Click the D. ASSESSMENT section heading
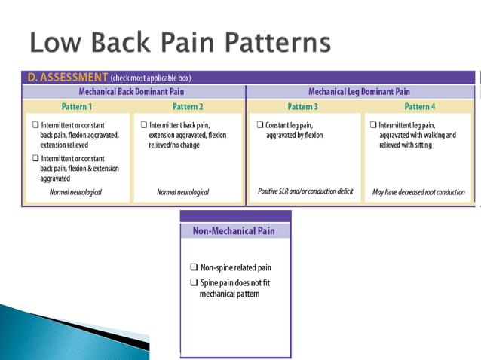pos(67,77)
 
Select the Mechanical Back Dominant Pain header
pos(134,91)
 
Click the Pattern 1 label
pos(77,106)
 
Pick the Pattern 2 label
pos(188,106)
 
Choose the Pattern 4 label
pos(419,106)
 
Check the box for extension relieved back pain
pos(34,125)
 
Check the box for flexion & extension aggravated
pos(34,157)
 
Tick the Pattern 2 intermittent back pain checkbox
pos(143,125)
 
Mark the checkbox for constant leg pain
pos(260,125)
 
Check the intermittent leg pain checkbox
pos(372,125)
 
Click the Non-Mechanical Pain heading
pos(234,231)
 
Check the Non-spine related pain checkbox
pos(194,267)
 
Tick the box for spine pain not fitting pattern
pos(194,282)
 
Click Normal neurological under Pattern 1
pos(75,192)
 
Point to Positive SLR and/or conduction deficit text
pos(305,192)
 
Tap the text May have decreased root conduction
pos(418,192)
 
